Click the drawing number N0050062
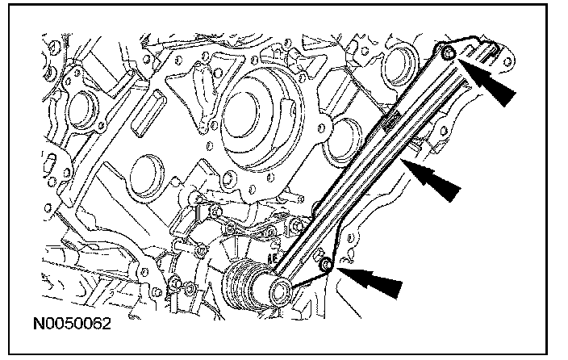(x=72, y=326)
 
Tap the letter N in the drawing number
(x=39, y=326)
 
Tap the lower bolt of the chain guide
(x=326, y=266)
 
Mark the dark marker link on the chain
(x=393, y=121)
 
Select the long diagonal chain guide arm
(x=379, y=161)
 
